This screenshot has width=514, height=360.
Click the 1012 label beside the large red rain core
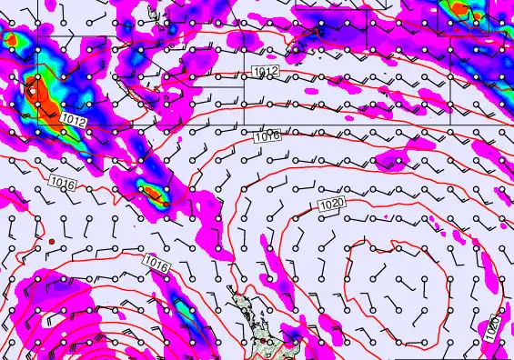pos(74,119)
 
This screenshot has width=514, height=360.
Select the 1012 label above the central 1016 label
pos(266,72)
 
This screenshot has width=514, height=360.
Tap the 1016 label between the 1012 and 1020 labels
pos(267,135)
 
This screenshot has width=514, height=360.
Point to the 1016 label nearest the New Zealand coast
pos(156,263)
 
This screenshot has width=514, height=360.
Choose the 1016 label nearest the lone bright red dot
pos(60,184)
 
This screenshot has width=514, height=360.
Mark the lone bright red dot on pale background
pos(53,240)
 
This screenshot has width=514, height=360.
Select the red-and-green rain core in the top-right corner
pos(461,11)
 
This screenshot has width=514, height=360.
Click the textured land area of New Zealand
pos(246,314)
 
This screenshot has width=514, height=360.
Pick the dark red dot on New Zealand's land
pos(264,340)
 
